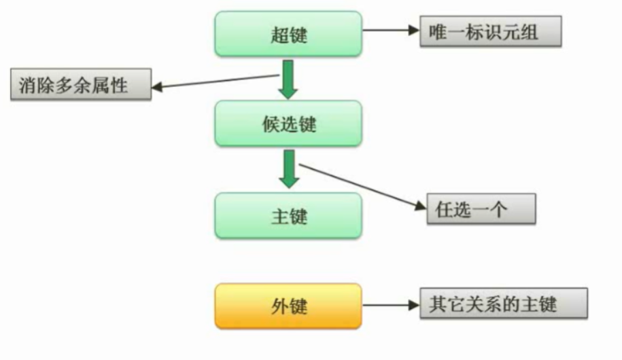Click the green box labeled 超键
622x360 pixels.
288,34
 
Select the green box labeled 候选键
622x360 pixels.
288,124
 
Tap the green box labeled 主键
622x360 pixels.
288,215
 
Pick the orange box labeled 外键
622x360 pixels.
288,306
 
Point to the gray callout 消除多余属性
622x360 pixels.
80,85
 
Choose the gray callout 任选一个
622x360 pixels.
481,209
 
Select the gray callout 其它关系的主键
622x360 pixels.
504,303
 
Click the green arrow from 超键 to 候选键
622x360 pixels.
288,80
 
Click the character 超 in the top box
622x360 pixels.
279,35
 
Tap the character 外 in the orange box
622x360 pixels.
279,306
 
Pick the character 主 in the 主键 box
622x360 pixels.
279,216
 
